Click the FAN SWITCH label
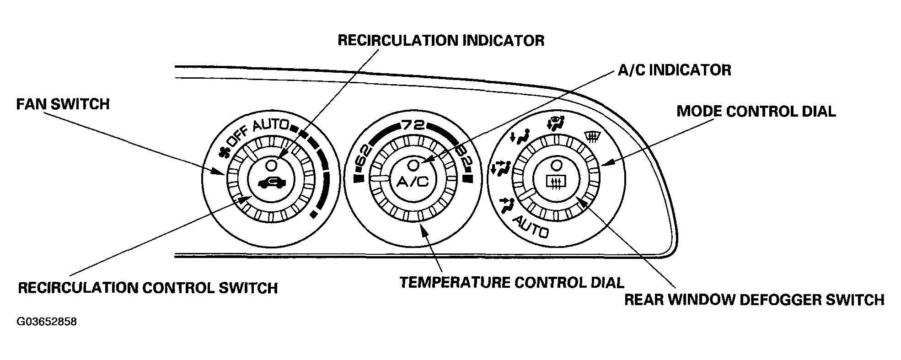point(63,104)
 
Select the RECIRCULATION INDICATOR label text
point(441,40)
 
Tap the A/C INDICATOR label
point(675,70)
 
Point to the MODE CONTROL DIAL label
point(756,111)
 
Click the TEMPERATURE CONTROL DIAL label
point(512,282)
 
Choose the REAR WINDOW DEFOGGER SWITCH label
point(754,300)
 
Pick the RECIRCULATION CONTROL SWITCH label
point(148,288)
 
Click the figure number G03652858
point(47,322)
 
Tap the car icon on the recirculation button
point(272,183)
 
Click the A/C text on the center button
point(413,183)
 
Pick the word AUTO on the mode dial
point(531,227)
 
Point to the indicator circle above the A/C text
point(413,164)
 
